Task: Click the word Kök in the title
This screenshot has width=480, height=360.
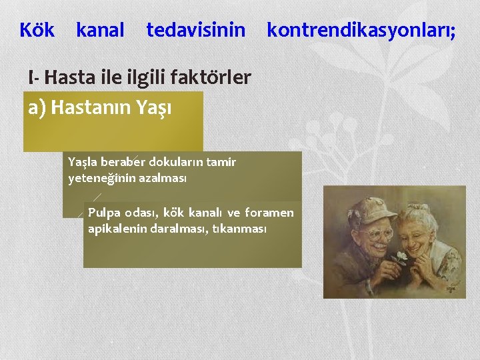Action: [x=37, y=30]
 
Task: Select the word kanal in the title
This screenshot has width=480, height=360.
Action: [x=100, y=30]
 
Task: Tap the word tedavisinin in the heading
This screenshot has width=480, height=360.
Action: [x=196, y=30]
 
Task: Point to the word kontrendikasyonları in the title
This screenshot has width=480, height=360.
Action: [x=359, y=30]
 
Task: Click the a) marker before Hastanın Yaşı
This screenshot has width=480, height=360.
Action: [x=37, y=107]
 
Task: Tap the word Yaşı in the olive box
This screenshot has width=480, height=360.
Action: [x=155, y=108]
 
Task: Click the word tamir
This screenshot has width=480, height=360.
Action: [x=222, y=162]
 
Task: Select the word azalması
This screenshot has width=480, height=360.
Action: [x=167, y=179]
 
